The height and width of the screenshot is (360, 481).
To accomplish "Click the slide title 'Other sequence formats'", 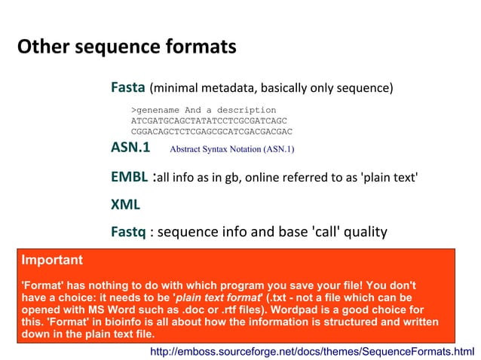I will pyautogui.click(x=126, y=47).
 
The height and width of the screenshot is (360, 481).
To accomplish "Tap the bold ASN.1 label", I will pyautogui.click(x=130, y=147).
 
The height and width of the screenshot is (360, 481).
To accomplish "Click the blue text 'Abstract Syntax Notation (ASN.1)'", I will pyautogui.click(x=231, y=148).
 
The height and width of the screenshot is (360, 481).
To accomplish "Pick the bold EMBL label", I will pyautogui.click(x=129, y=178).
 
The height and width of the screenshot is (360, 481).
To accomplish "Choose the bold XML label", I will pyautogui.click(x=125, y=204).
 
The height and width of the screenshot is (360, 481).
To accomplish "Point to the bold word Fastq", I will pyautogui.click(x=128, y=231).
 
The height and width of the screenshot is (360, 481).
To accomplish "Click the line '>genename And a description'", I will pyautogui.click(x=204, y=110).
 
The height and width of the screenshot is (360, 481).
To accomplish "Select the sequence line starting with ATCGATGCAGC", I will pyautogui.click(x=209, y=121).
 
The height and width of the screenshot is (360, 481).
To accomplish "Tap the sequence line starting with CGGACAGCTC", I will pyautogui.click(x=211, y=131).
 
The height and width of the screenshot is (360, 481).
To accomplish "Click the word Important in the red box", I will pyautogui.click(x=52, y=261).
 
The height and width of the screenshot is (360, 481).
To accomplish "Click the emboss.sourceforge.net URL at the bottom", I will pyautogui.click(x=312, y=351).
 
